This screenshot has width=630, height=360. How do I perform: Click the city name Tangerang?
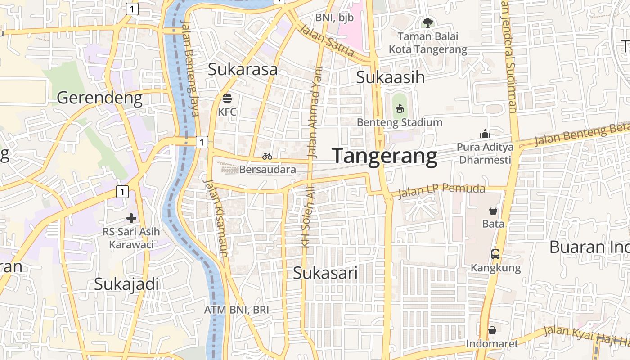point(385,156)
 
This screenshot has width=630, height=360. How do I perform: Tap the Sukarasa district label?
point(243,69)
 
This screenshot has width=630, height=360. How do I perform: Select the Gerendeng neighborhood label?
point(100,97)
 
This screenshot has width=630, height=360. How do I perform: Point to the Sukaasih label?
point(390,77)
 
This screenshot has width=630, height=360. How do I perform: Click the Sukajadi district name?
point(126,284)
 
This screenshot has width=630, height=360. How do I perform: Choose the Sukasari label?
point(325,273)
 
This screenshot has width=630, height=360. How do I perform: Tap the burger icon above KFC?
point(227,99)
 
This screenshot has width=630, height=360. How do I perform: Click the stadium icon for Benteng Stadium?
point(399,108)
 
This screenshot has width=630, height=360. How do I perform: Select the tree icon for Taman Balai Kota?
point(427,22)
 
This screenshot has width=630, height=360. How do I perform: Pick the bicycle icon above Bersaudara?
point(267,156)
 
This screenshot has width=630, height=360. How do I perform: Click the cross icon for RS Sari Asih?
point(131,218)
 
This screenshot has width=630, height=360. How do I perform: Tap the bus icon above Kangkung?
point(495,254)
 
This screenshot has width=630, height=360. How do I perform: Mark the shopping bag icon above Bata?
point(493,210)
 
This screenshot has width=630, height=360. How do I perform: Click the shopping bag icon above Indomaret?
point(492,330)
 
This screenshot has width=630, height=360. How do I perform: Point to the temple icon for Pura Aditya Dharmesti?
point(485,134)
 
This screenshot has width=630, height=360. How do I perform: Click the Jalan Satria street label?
point(327,41)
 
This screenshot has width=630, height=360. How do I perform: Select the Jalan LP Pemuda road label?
point(442,189)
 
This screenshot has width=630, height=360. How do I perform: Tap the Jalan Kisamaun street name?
point(216,218)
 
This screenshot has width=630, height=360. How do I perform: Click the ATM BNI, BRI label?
point(236,310)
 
